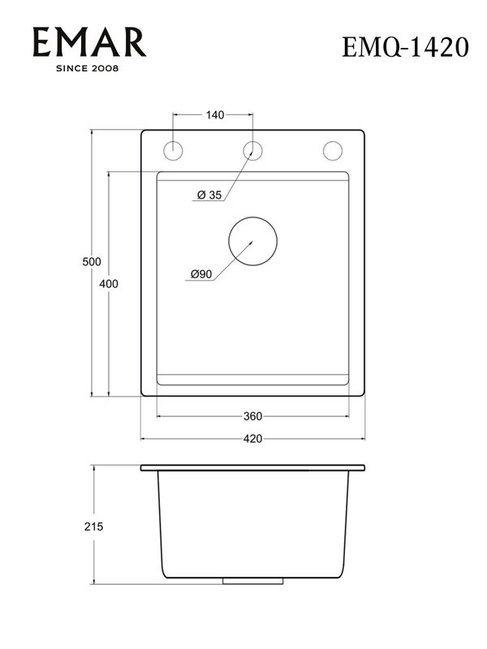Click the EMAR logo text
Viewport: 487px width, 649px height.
(x=89, y=42)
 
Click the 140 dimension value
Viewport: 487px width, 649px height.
(x=213, y=115)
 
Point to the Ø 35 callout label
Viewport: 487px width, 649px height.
(x=209, y=195)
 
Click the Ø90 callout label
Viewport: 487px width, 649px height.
(x=201, y=274)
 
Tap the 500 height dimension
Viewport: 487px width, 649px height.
(x=91, y=261)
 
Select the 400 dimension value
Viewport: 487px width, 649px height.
(x=110, y=284)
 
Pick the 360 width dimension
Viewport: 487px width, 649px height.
(x=252, y=416)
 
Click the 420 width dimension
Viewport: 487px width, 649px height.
(x=252, y=439)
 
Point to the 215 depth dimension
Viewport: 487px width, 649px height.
(x=93, y=526)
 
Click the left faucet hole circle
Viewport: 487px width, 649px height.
(x=175, y=151)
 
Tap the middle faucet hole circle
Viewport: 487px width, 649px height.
(x=253, y=151)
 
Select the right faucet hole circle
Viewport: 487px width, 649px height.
(x=332, y=151)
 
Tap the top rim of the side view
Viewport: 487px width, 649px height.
(x=252, y=468)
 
